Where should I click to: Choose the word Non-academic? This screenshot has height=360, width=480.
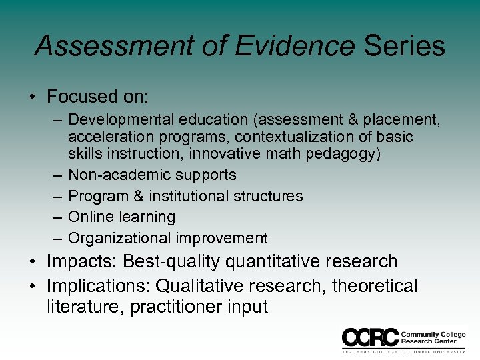[x=119, y=175]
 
